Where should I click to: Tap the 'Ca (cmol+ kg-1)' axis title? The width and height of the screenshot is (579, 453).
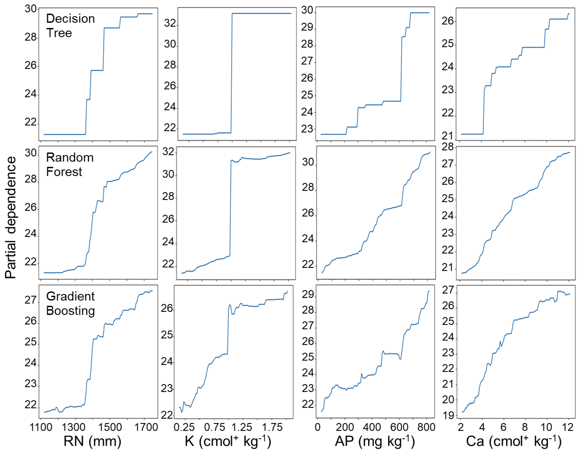(514, 441)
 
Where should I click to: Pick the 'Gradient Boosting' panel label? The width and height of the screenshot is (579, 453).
(70, 303)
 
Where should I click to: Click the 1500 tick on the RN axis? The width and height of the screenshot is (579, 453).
(110, 427)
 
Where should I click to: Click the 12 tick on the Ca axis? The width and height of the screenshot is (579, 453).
(568, 427)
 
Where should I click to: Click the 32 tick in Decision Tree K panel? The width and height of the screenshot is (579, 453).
(170, 23)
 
